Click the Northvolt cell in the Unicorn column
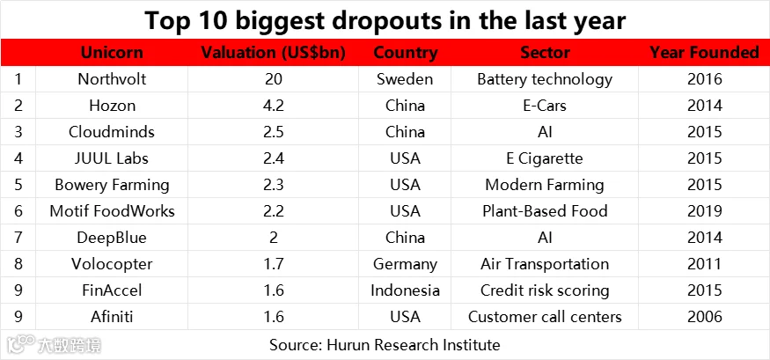point(112,79)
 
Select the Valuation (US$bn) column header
point(273,53)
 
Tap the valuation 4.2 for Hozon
point(273,106)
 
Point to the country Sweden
point(405,79)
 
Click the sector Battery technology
point(545,79)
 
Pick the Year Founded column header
point(705,53)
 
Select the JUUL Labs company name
point(112,158)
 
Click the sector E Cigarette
point(545,159)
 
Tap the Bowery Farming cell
point(112,185)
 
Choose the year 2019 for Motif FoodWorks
point(705,211)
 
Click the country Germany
point(405,265)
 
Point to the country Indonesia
point(405,290)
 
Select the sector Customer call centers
point(545,317)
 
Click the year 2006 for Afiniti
point(705,317)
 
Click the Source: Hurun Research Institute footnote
point(385,345)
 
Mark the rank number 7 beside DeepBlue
point(18,239)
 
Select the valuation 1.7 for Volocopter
point(273,265)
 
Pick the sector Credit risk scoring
point(545,291)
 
